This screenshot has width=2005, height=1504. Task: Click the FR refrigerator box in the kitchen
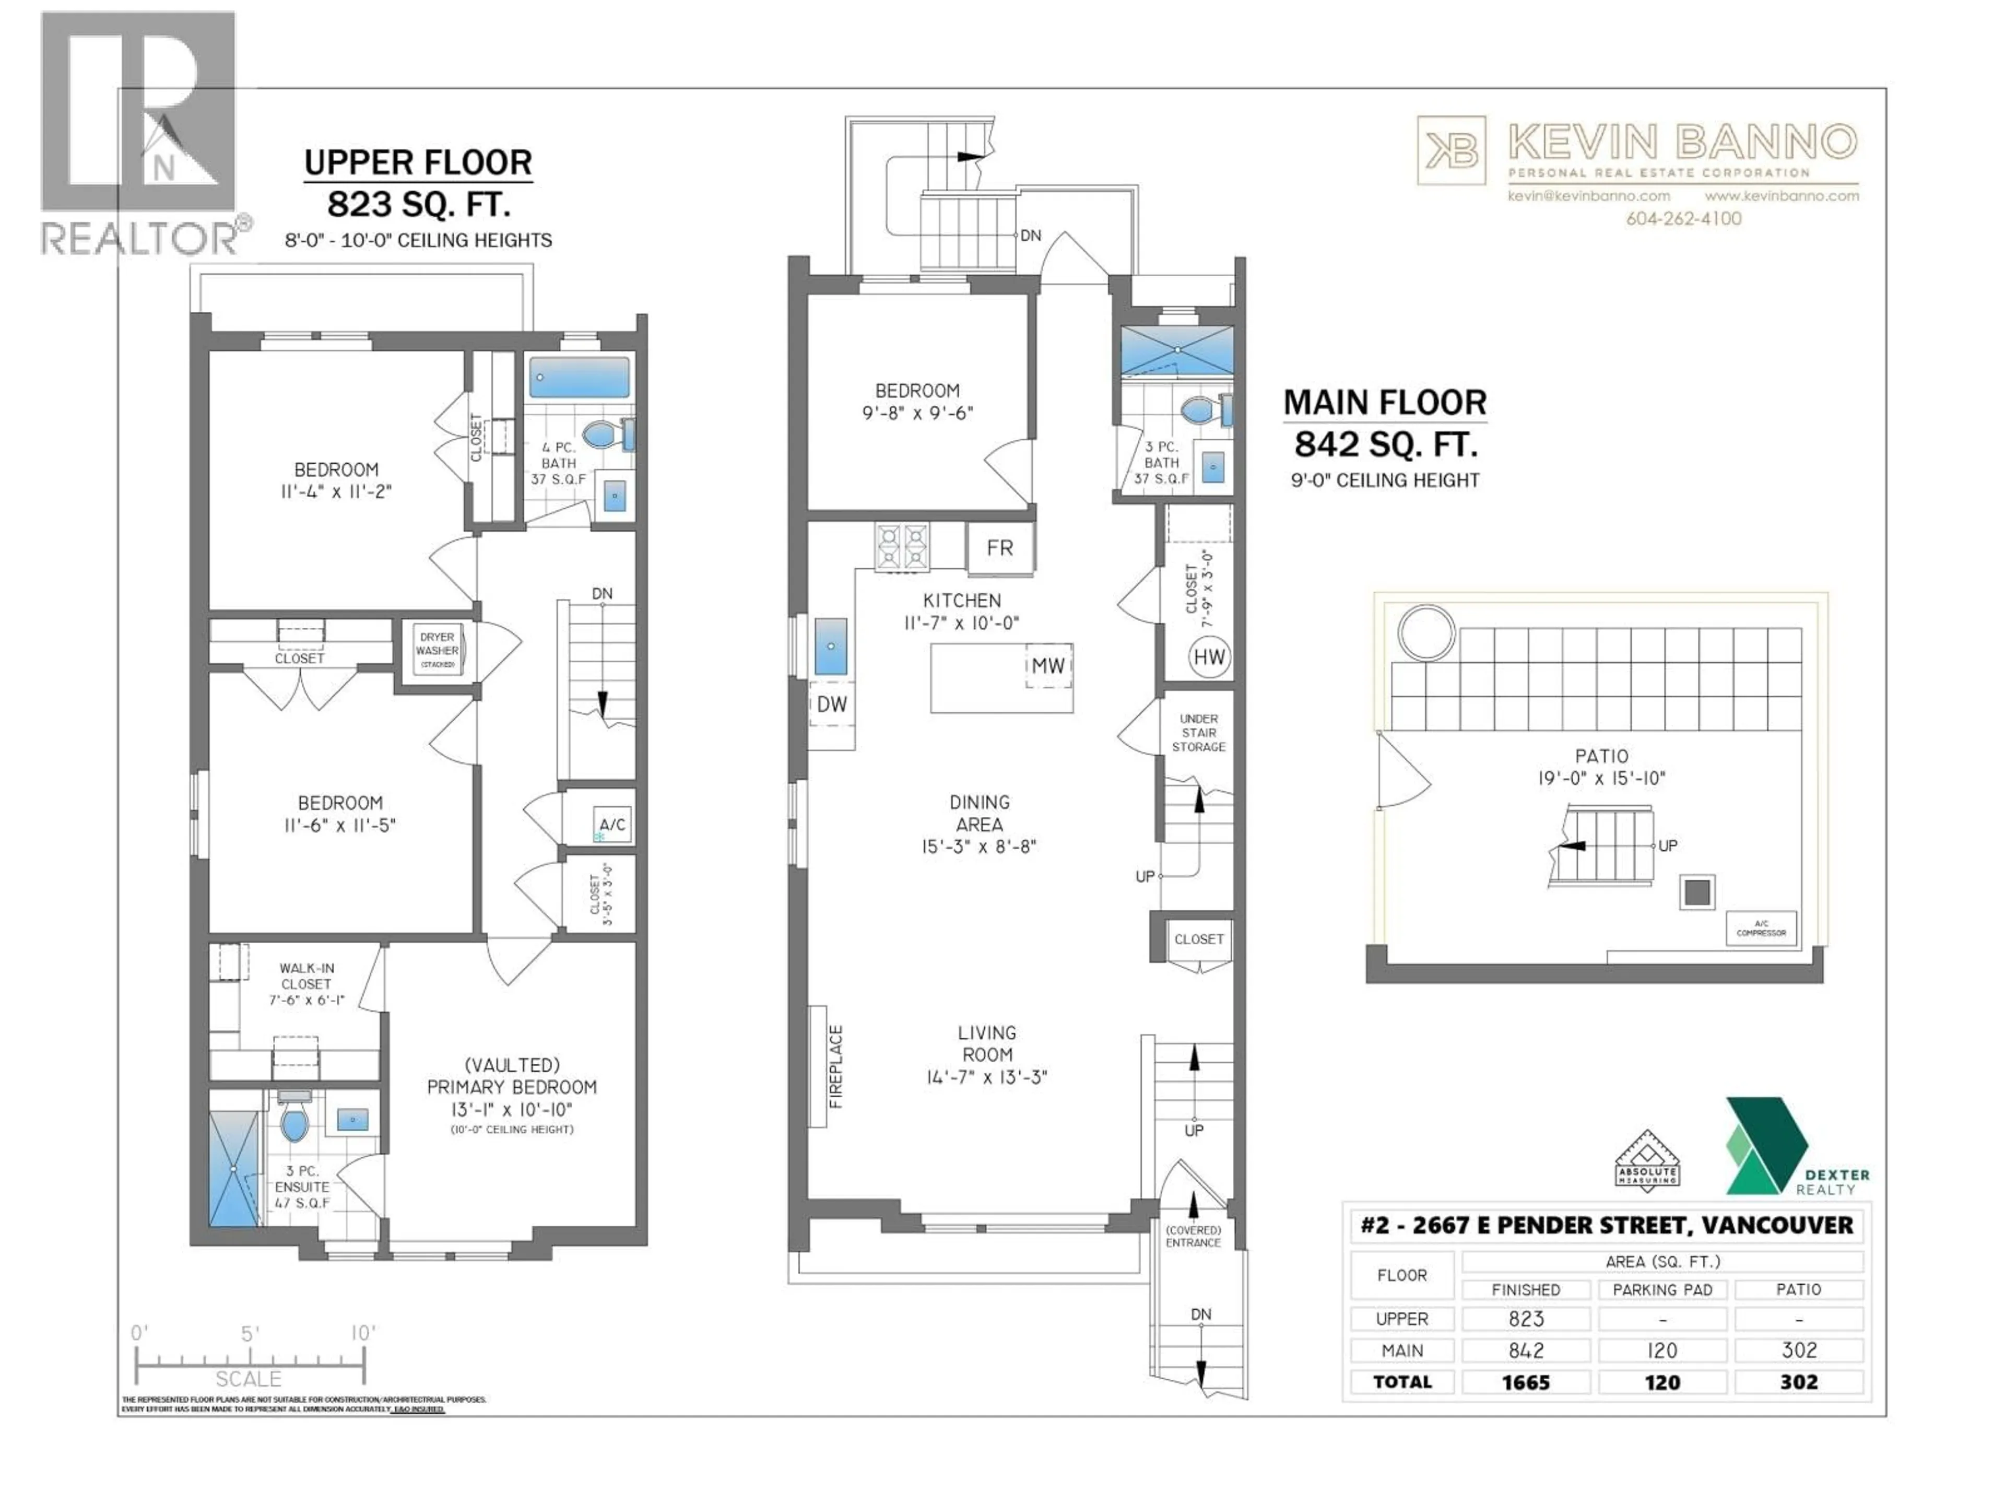(1000, 548)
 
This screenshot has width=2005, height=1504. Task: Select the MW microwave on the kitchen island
(1048, 665)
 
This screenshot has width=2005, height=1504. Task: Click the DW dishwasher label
(831, 704)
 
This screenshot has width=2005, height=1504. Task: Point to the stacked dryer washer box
(437, 649)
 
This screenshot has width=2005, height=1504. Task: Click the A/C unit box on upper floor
(612, 824)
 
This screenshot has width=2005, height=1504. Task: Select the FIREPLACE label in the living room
(836, 1066)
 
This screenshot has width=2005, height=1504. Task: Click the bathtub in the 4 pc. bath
(579, 377)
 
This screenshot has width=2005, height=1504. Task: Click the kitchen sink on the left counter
(830, 645)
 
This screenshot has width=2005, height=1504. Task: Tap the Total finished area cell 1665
(1526, 1382)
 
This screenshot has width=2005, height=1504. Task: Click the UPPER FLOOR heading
(418, 163)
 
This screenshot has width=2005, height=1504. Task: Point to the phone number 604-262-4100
(1683, 218)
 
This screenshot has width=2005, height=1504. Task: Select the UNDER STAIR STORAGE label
(1198, 733)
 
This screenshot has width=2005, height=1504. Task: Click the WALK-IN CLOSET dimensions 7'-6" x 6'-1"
(306, 1000)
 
